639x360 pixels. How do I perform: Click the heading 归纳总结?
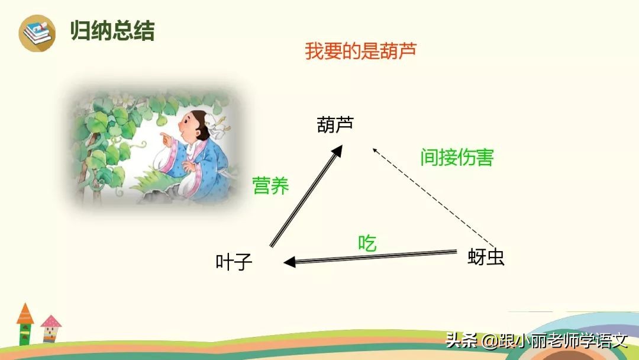(112, 31)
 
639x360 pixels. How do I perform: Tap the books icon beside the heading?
(37, 32)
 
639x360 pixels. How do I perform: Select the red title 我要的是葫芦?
(361, 50)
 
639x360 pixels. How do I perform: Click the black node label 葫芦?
(335, 125)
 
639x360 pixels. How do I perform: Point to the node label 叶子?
(234, 262)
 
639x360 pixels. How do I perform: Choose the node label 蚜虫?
(486, 258)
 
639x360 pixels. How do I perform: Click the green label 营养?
(270, 185)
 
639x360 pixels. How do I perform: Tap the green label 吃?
(367, 243)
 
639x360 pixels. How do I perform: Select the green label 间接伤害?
(457, 157)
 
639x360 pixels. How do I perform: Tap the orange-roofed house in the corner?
(25, 323)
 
